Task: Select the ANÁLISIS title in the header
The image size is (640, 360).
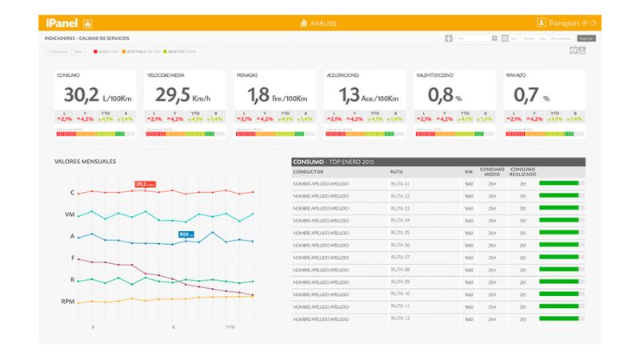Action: (318, 23)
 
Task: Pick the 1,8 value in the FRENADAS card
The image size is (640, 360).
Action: (258, 95)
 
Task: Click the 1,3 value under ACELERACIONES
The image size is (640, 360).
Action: (350, 95)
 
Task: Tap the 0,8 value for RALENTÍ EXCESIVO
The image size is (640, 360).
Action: (441, 95)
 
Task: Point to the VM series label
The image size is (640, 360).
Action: (70, 214)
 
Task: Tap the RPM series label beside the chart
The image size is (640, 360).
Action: (68, 302)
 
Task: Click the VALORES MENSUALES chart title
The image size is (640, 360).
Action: (85, 162)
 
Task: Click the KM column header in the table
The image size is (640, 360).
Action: (468, 172)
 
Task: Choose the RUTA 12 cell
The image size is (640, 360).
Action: (400, 319)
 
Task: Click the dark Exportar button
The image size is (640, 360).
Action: (586, 38)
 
